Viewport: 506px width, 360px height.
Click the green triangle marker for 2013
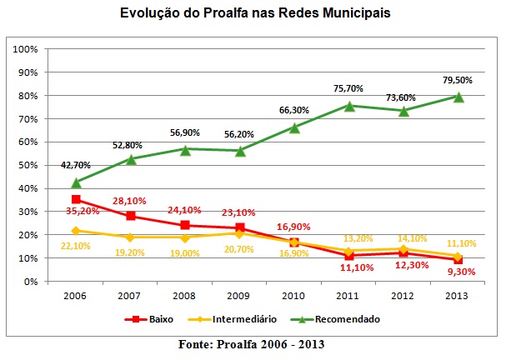coord(458,97)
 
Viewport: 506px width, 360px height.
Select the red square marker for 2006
coord(76,200)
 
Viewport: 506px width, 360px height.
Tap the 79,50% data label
coord(458,81)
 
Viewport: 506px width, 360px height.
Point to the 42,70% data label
coord(76,166)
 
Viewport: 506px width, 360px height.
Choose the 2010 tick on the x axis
coord(293,296)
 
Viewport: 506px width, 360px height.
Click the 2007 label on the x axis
coord(130,296)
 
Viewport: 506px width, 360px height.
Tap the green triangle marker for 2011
coord(348,106)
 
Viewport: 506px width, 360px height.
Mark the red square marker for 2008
coord(185,225)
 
